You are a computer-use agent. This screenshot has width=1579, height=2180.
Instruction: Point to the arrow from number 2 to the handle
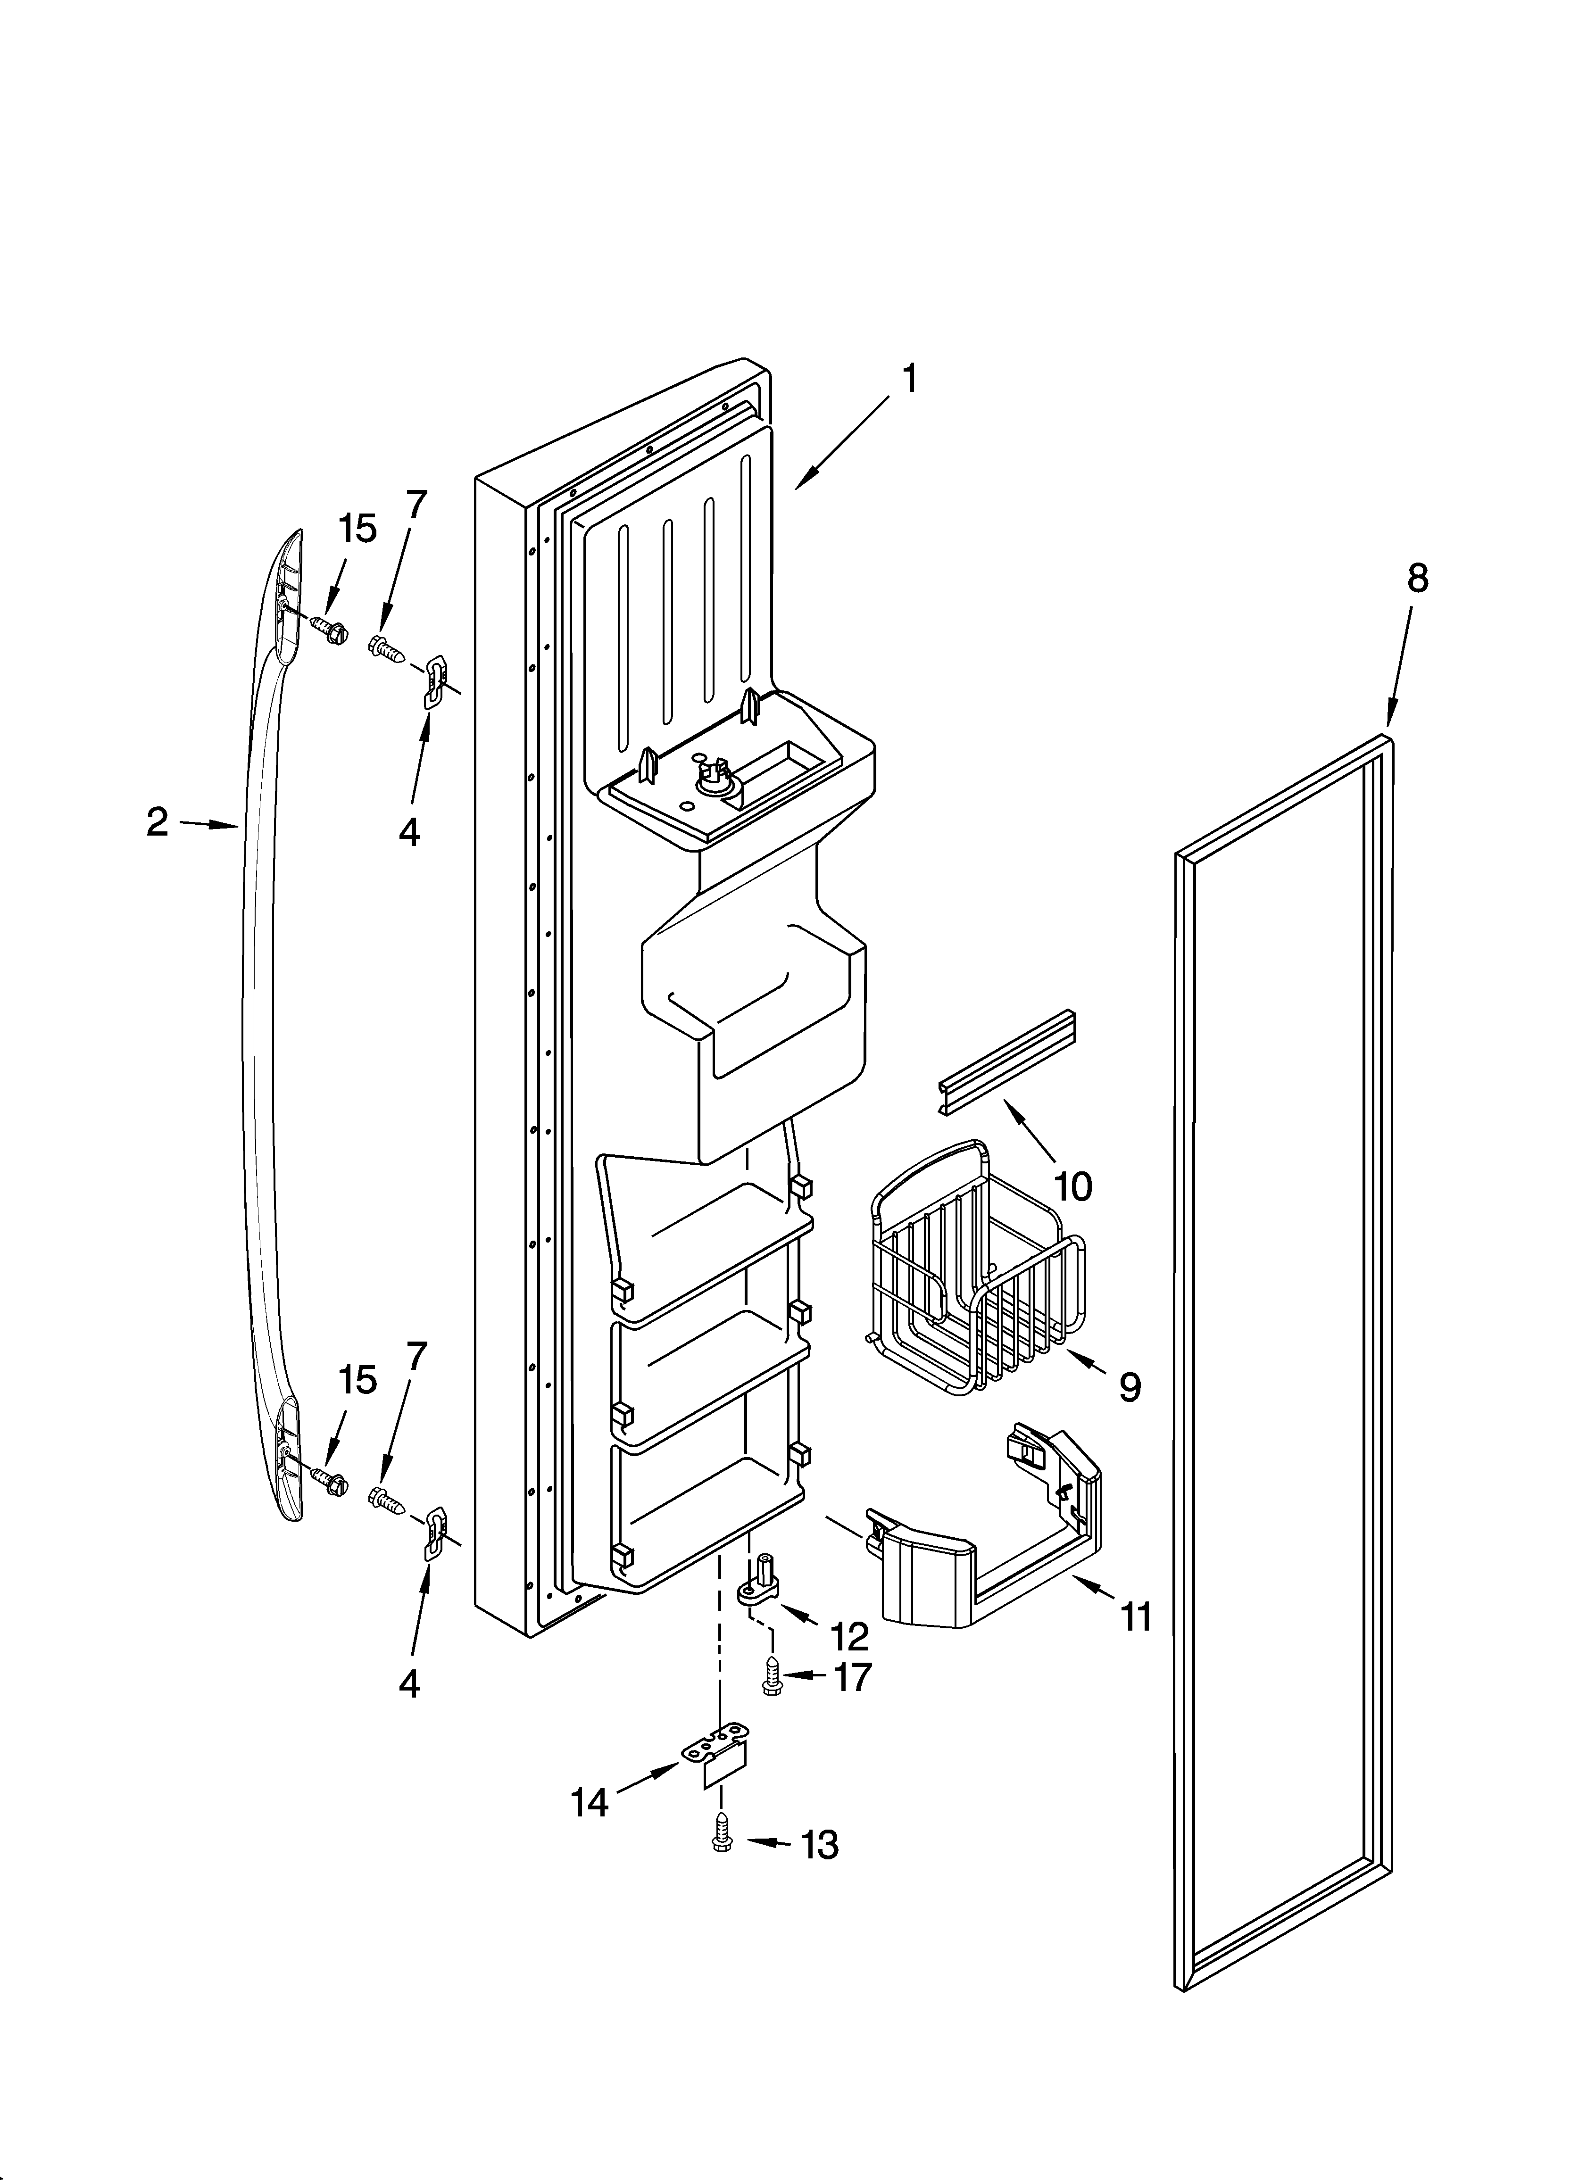click(208, 824)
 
